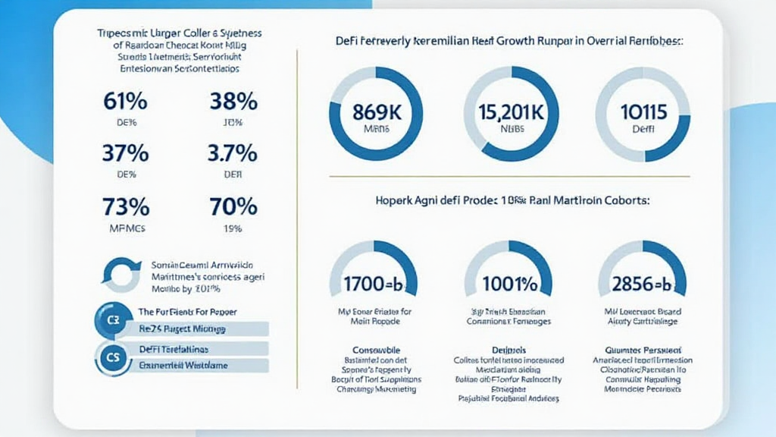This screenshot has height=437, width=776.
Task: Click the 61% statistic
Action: [126, 101]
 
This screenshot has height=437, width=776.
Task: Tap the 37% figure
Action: [126, 153]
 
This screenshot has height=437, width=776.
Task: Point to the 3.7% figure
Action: [232, 153]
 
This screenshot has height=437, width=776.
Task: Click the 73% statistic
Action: [126, 206]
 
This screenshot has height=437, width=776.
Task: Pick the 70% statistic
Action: [232, 206]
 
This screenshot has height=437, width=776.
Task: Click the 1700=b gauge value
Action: [373, 285]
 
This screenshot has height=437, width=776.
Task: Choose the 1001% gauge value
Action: [508, 285]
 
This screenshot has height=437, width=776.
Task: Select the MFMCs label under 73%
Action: [126, 228]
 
